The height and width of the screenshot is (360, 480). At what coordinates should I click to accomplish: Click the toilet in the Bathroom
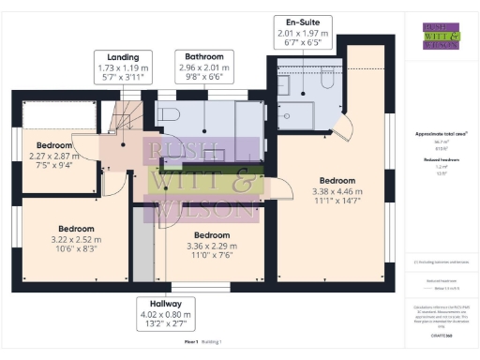click(x=170, y=114)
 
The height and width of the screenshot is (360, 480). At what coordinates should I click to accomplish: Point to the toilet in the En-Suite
click(x=325, y=83)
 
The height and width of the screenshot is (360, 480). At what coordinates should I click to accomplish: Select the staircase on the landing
click(x=120, y=116)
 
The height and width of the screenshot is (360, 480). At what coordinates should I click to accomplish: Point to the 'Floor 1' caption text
click(x=190, y=345)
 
